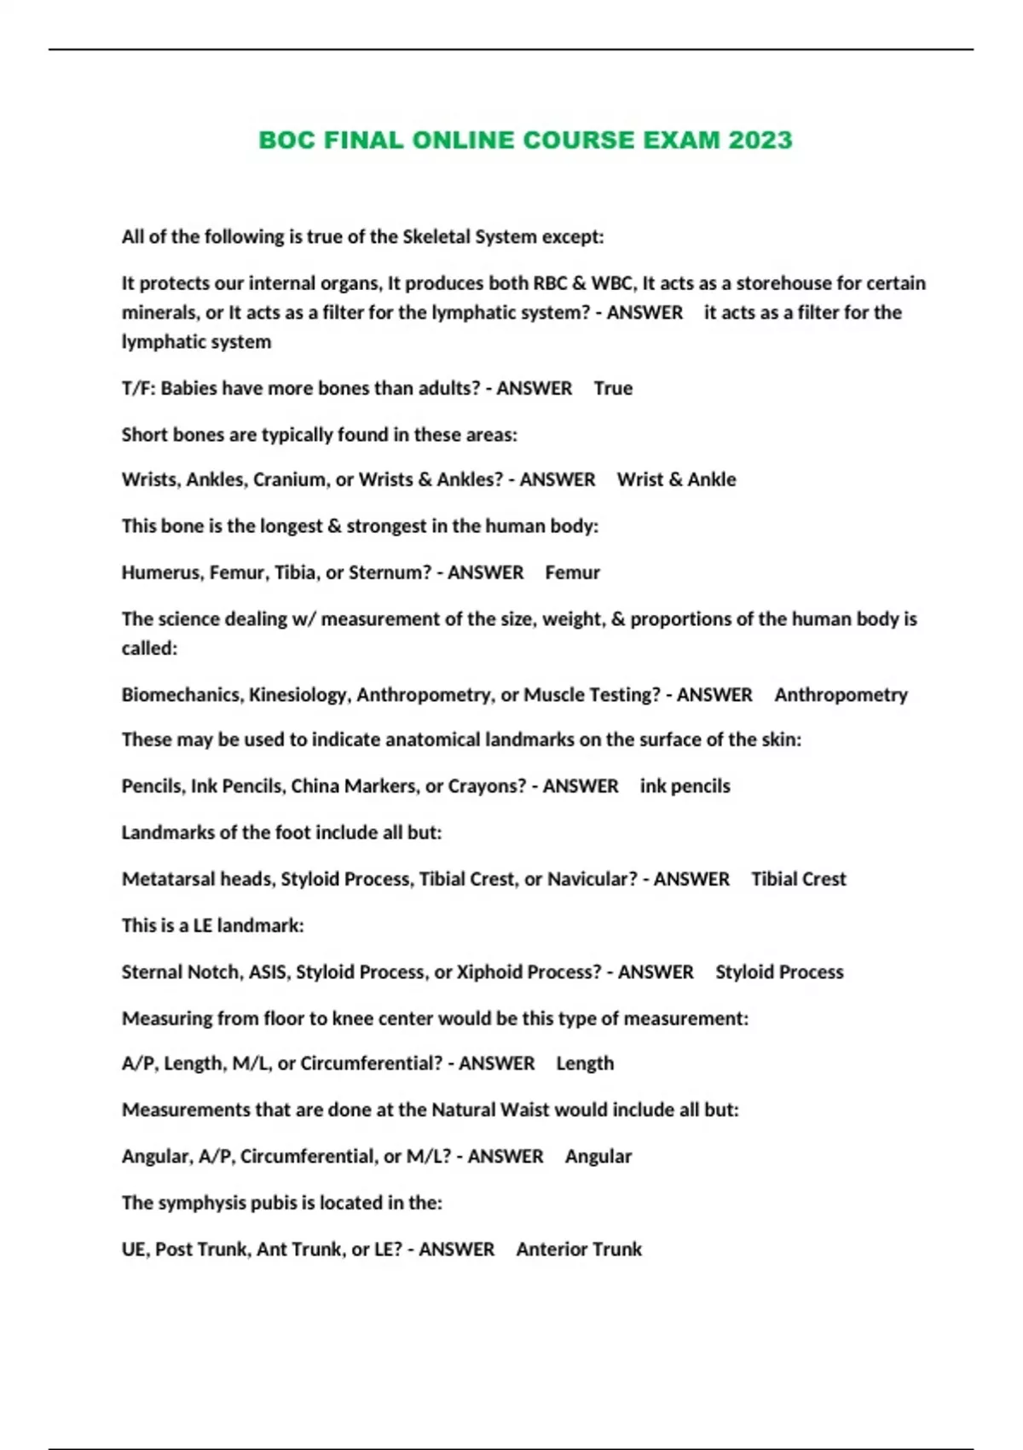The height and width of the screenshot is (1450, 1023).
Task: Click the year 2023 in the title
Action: tap(760, 140)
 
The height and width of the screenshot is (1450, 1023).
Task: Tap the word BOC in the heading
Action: tap(287, 140)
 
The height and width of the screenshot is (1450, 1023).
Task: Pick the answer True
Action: tap(613, 388)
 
